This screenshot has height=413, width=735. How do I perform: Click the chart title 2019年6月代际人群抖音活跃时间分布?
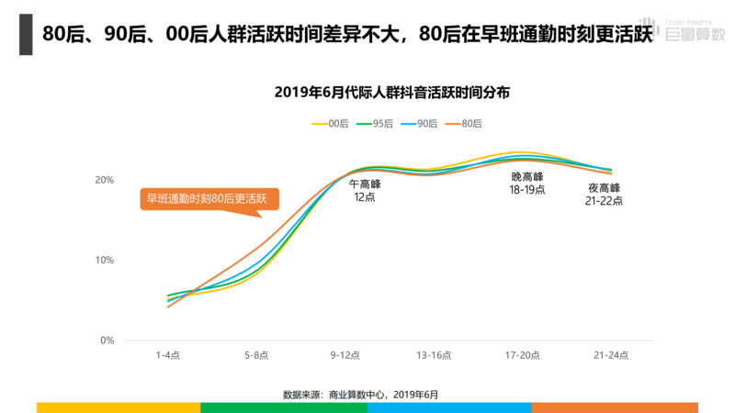pos(392,92)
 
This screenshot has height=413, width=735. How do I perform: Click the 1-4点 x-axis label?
pos(168,354)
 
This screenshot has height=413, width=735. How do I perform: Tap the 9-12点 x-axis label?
pos(345,354)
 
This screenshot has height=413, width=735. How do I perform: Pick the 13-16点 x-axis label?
pos(433,354)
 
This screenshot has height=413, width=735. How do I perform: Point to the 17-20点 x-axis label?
pos(521,354)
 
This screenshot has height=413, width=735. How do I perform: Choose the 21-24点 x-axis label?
pos(609,354)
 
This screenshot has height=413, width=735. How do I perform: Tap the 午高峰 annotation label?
pos(365,184)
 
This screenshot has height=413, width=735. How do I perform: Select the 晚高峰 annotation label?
pos(527,176)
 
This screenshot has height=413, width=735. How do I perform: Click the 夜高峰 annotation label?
pos(605,188)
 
